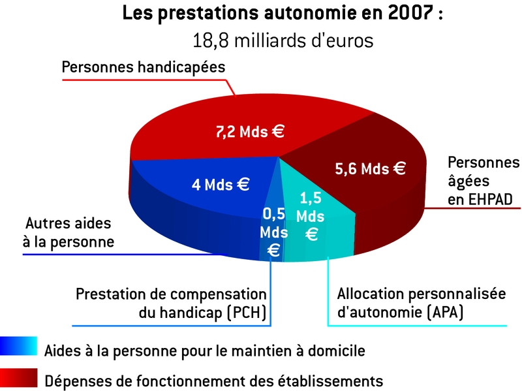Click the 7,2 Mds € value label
[250, 131]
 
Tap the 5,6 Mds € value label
[370, 168]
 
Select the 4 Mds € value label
[221, 184]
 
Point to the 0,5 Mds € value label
[274, 231]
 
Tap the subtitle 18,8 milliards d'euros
[283, 40]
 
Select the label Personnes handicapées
[144, 67]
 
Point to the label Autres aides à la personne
[68, 232]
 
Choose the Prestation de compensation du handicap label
[172, 304]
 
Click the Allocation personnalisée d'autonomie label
[421, 304]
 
